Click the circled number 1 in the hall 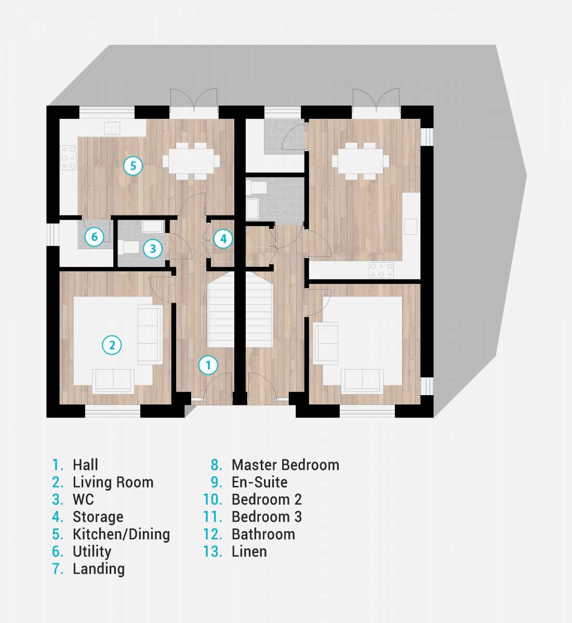click(208, 365)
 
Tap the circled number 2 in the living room click(112, 345)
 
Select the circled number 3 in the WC click(153, 249)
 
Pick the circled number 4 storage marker click(223, 239)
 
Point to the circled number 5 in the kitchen click(133, 166)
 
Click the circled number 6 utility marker click(94, 237)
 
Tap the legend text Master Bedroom click(285, 465)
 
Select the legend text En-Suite click(260, 482)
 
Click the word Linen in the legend click(249, 551)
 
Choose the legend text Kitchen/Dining click(121, 535)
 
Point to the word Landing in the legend click(99, 570)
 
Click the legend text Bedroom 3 click(267, 517)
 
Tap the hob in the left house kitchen click(69, 158)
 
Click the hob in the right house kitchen click(381, 270)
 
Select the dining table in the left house click(191, 161)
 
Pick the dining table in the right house click(361, 161)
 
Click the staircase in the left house click(221, 309)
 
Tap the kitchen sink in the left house click(112, 128)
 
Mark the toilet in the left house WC click(128, 248)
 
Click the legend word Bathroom click(263, 535)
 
